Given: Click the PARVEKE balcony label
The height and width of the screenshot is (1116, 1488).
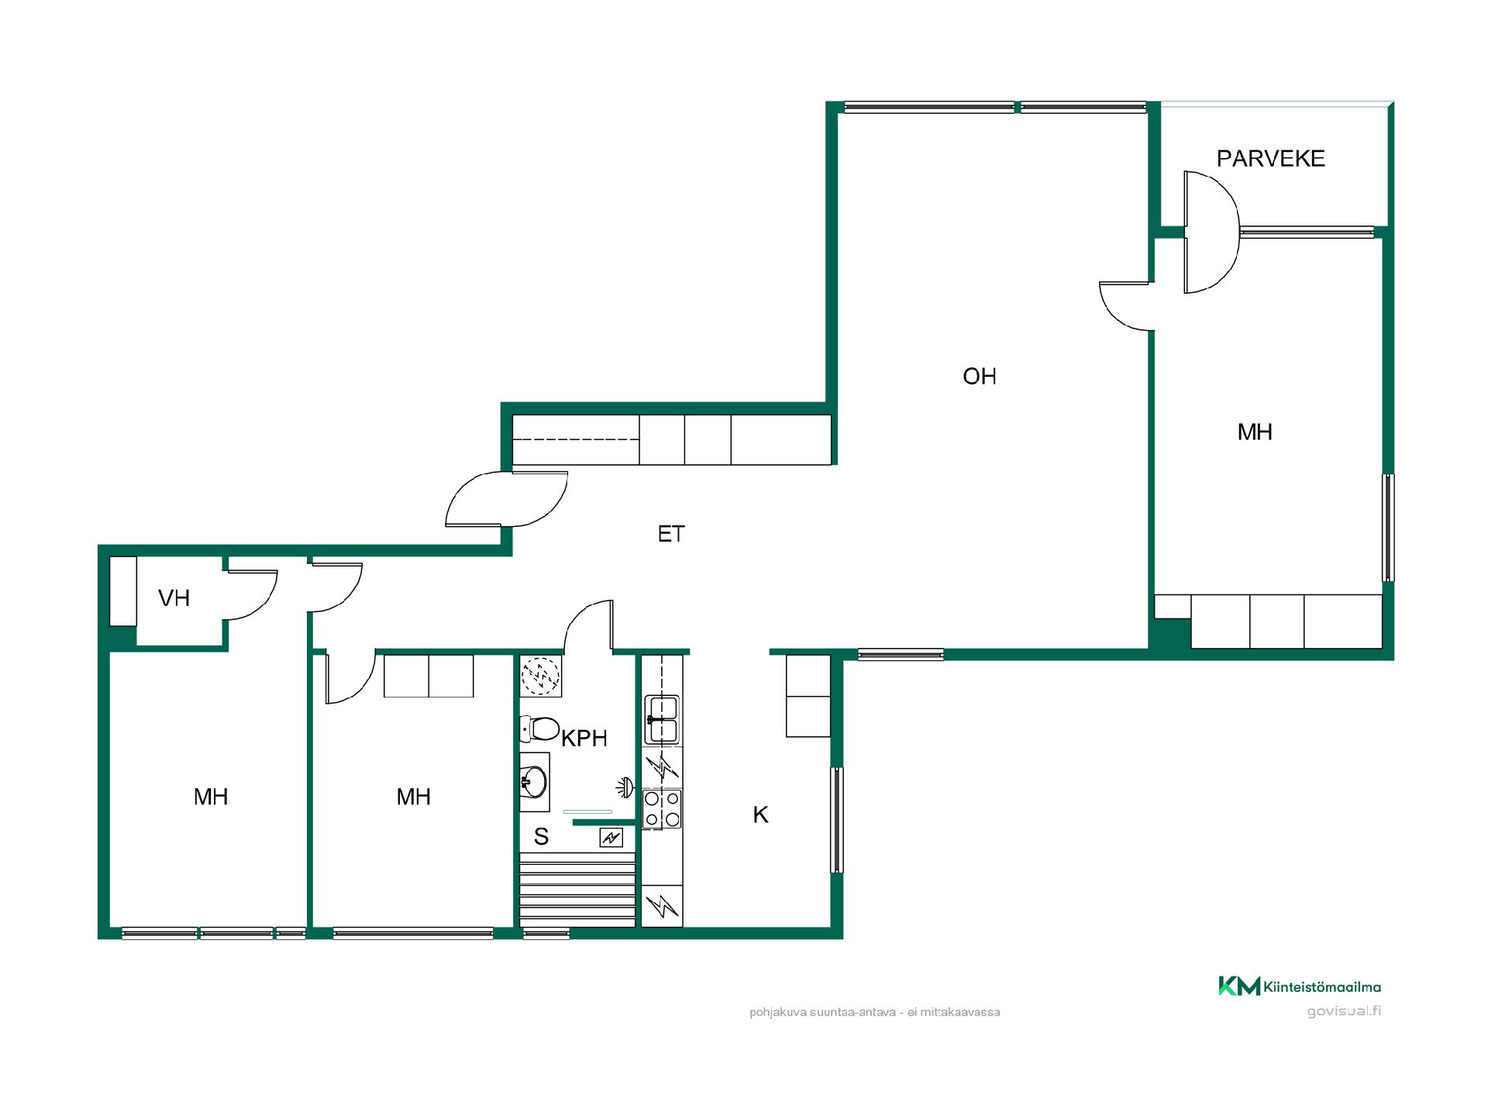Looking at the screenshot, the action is point(1270,158).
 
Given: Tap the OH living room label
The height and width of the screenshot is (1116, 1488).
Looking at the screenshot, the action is point(980,377).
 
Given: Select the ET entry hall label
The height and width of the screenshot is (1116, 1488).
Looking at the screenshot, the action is point(671,534).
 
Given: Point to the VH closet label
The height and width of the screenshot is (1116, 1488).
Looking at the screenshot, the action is point(174,598).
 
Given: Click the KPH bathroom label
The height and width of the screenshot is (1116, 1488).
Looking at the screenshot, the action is point(584,739).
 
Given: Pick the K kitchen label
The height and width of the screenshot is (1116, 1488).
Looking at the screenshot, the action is point(760,815).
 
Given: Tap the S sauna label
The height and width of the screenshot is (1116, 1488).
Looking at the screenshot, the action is point(541,837).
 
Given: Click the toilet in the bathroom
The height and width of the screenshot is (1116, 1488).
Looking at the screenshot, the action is point(539,728).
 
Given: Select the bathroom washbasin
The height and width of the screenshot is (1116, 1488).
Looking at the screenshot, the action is point(534,782).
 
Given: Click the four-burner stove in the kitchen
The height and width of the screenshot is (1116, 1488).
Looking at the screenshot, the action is point(662,808).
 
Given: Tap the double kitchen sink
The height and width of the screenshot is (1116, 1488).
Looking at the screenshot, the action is point(662,720).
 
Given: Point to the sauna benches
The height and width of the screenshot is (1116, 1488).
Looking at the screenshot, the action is point(577,890).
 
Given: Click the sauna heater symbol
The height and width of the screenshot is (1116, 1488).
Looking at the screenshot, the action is point(611,837).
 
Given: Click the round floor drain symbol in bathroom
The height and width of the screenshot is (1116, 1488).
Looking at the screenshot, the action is point(539,676).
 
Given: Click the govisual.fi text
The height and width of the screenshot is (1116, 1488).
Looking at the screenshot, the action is point(1344,1011).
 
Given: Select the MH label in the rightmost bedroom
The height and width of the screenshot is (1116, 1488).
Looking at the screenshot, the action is point(1255,432).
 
